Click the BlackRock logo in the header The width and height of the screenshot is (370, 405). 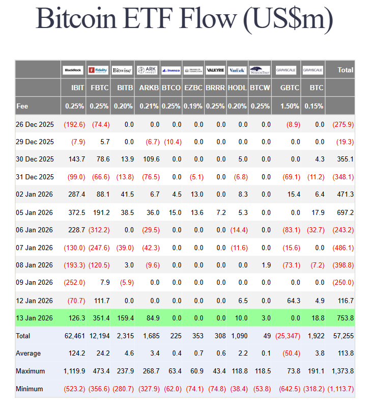(x=73, y=70)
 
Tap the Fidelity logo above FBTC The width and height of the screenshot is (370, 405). (x=98, y=70)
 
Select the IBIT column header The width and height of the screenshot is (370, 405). (x=78, y=88)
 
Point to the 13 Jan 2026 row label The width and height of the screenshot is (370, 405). (x=34, y=318)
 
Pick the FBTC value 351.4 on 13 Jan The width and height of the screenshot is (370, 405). (x=99, y=318)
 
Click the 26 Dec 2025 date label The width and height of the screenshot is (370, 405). (x=35, y=124)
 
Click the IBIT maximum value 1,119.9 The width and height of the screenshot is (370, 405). (x=73, y=371)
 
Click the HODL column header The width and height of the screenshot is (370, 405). (x=238, y=88)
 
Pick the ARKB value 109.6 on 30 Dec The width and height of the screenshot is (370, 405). (x=149, y=159)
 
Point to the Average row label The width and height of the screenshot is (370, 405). (x=29, y=354)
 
